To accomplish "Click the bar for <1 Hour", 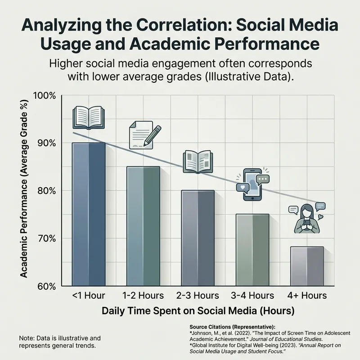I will click(x=89, y=214).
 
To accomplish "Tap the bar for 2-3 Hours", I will click(x=198, y=238).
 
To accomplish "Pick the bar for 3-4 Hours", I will click(x=252, y=250).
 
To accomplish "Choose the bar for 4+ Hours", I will click(x=307, y=266).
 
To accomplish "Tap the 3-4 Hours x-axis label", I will click(x=252, y=296).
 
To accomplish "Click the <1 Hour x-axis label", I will click(x=89, y=296).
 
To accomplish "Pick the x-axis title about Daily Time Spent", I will click(x=198, y=310).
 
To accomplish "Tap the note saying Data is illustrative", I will click(x=60, y=341).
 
